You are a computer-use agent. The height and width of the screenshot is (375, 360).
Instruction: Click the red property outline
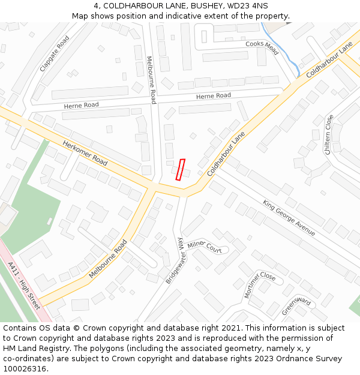pyautogui.click(x=180, y=170)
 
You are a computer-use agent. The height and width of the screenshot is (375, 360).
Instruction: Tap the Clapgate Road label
pyautogui.click(x=54, y=54)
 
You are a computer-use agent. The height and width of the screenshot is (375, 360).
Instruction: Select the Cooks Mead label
pyautogui.click(x=262, y=47)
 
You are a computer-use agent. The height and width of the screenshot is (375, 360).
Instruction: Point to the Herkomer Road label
pyautogui.click(x=85, y=153)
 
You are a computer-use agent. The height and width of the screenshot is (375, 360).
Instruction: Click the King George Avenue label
pyautogui.click(x=289, y=217)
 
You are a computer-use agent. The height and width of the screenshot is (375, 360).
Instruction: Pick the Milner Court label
pyautogui.click(x=204, y=247)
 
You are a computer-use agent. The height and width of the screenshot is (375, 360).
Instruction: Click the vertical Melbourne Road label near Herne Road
pyautogui.click(x=152, y=80)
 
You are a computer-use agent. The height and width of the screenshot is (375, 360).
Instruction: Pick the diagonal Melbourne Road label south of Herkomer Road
pyautogui.click(x=108, y=259)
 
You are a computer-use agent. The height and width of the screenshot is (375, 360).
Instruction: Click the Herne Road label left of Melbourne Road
pyautogui.click(x=82, y=106)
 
